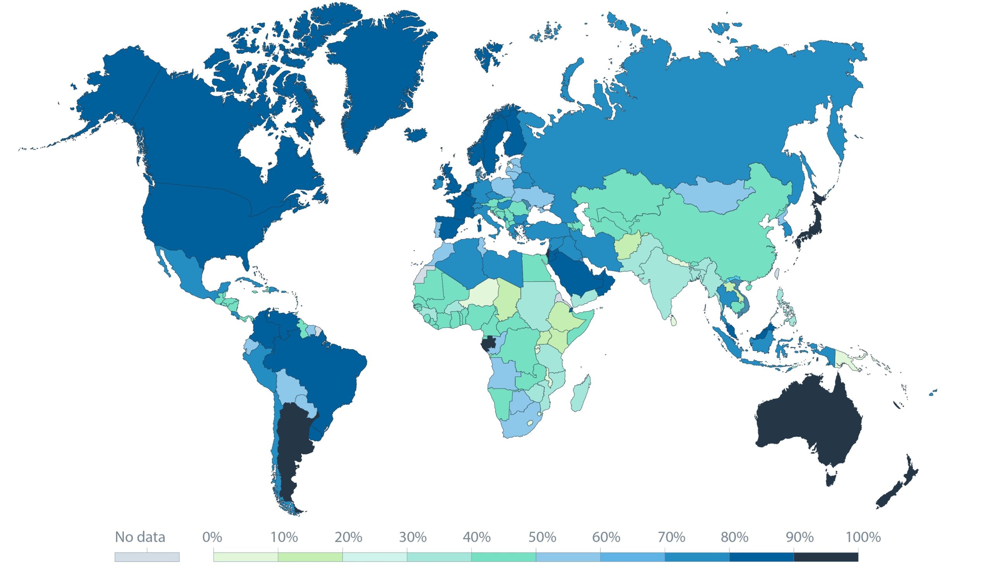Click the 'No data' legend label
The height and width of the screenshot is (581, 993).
[x=140, y=537]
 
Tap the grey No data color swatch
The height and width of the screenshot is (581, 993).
[x=147, y=557]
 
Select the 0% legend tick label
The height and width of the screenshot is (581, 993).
[x=213, y=537]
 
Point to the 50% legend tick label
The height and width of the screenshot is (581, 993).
[x=542, y=537]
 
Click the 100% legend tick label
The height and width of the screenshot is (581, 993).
[x=863, y=537]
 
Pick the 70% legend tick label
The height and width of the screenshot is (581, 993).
[x=671, y=537]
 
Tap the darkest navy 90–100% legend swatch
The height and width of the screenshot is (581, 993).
[x=825, y=557]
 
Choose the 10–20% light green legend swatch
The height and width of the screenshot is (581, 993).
[x=310, y=557]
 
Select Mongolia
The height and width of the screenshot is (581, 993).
[x=713, y=195]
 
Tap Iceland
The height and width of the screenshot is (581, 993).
[x=416, y=134]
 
